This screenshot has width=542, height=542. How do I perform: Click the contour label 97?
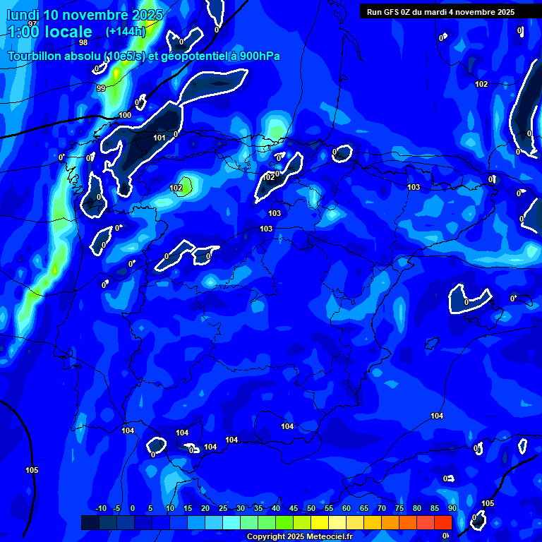click(32, 23)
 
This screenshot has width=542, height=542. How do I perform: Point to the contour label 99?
click(101, 88)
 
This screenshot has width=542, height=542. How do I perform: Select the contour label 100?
click(125, 115)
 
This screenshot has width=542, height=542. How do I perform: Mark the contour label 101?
click(159, 138)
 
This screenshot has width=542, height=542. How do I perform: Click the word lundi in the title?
click(23, 15)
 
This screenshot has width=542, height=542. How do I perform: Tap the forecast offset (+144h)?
click(125, 32)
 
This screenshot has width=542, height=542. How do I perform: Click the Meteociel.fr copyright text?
click(299, 537)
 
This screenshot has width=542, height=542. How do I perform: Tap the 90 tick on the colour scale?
click(452, 509)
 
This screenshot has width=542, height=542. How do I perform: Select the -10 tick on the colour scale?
click(100, 509)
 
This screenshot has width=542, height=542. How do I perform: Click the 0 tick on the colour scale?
click(133, 509)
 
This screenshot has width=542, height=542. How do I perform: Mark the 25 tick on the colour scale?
click(223, 509)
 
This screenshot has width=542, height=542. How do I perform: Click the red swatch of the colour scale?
click(442, 522)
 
